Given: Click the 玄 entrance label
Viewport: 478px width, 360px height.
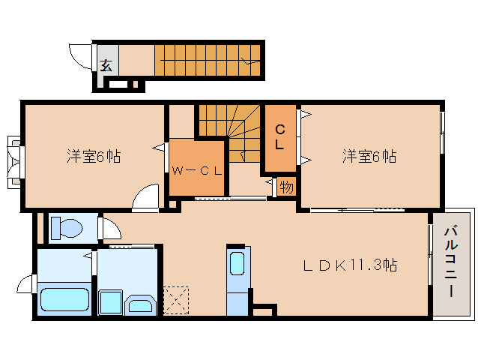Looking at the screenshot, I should (x=106, y=64).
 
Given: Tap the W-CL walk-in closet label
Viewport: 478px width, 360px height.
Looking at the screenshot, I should (x=196, y=169).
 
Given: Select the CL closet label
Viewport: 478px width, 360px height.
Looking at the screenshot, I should (x=279, y=136).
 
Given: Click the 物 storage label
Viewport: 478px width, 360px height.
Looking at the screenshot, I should (x=285, y=187).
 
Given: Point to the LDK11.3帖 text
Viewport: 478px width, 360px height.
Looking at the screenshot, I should (x=349, y=265).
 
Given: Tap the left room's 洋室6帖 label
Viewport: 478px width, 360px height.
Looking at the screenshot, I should (x=94, y=157).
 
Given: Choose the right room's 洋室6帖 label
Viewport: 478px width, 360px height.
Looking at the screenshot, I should (x=369, y=157).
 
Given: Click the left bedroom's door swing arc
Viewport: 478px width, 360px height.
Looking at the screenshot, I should (x=145, y=198).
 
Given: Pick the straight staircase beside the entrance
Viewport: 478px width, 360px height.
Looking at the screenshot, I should (x=208, y=59).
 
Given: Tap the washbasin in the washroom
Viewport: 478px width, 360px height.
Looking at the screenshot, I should (x=140, y=303).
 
